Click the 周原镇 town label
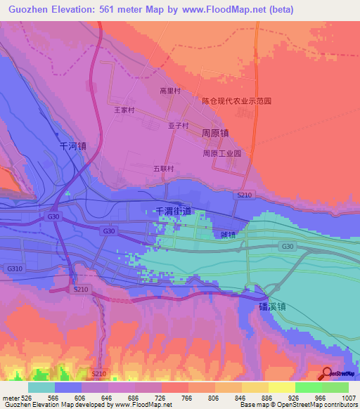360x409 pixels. coord(215,132)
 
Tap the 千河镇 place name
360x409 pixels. coord(72,146)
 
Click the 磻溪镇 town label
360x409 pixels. coord(272,306)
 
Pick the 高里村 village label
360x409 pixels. coord(170,91)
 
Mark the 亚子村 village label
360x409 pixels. coord(178,125)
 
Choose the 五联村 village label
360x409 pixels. coord(163,169)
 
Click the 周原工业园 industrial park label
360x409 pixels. coord(222,152)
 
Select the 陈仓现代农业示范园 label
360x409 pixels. coord(236,101)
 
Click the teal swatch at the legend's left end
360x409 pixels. coord(41,387)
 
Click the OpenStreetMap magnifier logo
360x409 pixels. coord(327,374)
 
